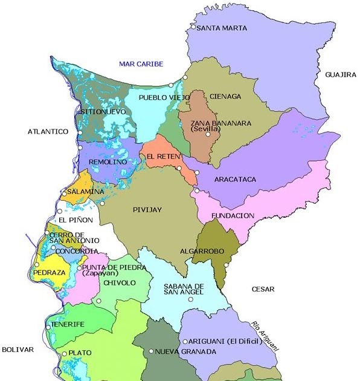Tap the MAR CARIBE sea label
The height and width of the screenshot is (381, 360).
(x=141, y=64)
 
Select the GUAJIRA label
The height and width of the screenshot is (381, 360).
(x=340, y=74)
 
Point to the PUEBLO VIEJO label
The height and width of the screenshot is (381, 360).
(x=159, y=97)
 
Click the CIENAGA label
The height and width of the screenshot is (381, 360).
(x=225, y=96)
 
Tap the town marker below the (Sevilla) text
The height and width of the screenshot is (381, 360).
(x=208, y=134)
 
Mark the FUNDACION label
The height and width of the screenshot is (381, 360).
(x=233, y=215)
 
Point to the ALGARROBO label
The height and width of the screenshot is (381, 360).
(x=201, y=250)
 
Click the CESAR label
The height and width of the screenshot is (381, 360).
(x=263, y=289)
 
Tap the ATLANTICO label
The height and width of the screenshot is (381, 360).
(x=48, y=131)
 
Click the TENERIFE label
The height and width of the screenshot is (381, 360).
(x=67, y=324)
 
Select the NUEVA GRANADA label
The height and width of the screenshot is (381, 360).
(x=185, y=351)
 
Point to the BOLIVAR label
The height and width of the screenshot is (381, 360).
(x=18, y=350)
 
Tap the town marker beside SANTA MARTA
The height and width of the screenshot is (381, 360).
(x=193, y=27)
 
